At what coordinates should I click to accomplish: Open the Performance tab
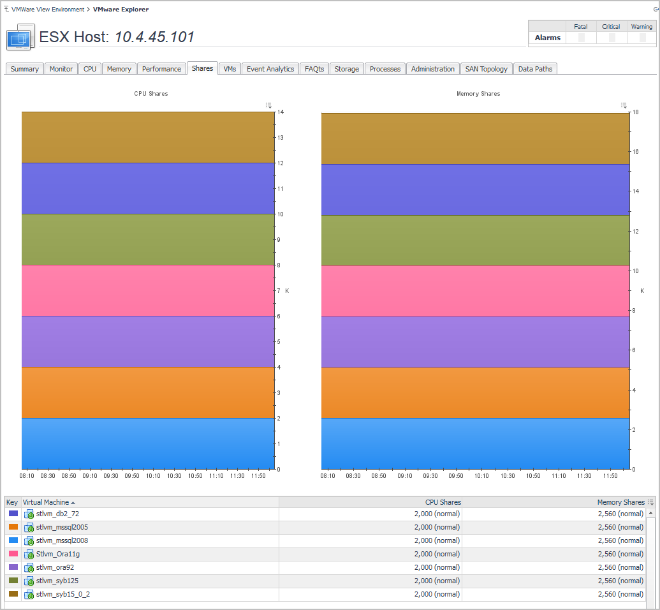161,69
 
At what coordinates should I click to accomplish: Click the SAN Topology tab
487,69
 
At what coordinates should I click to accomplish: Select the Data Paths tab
535,69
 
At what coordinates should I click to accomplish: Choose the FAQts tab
314,69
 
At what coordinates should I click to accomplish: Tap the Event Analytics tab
270,69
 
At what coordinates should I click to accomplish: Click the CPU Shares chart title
151,94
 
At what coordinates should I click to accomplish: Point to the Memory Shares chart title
478,94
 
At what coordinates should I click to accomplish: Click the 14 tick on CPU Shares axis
281,112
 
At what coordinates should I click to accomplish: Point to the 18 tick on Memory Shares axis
634,112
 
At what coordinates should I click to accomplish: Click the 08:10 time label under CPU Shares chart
27,476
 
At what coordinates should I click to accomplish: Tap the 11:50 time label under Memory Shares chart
610,476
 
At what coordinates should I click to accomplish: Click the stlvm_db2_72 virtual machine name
57,514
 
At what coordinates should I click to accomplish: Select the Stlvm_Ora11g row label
58,554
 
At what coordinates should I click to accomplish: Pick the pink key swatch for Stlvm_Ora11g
13,554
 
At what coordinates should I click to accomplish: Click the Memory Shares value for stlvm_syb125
620,581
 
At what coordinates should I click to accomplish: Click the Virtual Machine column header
46,502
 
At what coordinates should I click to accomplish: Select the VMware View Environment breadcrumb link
48,10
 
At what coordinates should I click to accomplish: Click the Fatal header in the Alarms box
580,27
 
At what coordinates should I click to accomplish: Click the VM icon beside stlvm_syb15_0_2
29,595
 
